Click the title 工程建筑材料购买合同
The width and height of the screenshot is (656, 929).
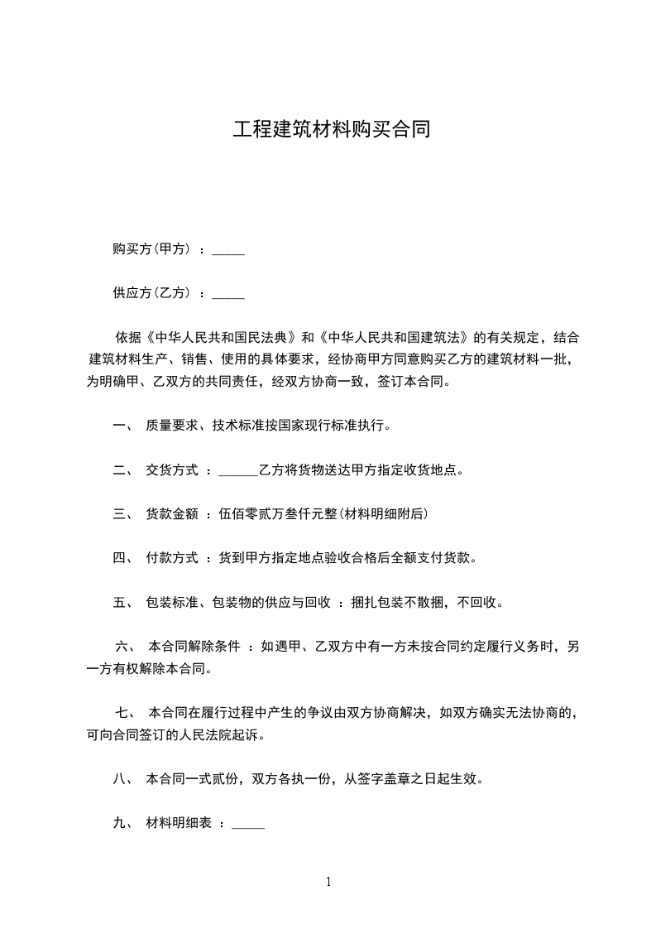(x=331, y=131)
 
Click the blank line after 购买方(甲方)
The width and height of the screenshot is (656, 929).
(x=228, y=249)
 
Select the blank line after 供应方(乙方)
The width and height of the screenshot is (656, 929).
(x=228, y=293)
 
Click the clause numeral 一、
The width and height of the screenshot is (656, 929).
(x=122, y=426)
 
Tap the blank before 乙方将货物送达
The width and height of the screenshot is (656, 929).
(x=239, y=470)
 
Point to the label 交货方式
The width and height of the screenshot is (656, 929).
(x=172, y=470)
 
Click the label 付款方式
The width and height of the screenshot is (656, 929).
(x=172, y=558)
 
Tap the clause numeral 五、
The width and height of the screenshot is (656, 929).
(x=122, y=602)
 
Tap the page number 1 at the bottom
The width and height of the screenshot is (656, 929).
(x=328, y=882)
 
